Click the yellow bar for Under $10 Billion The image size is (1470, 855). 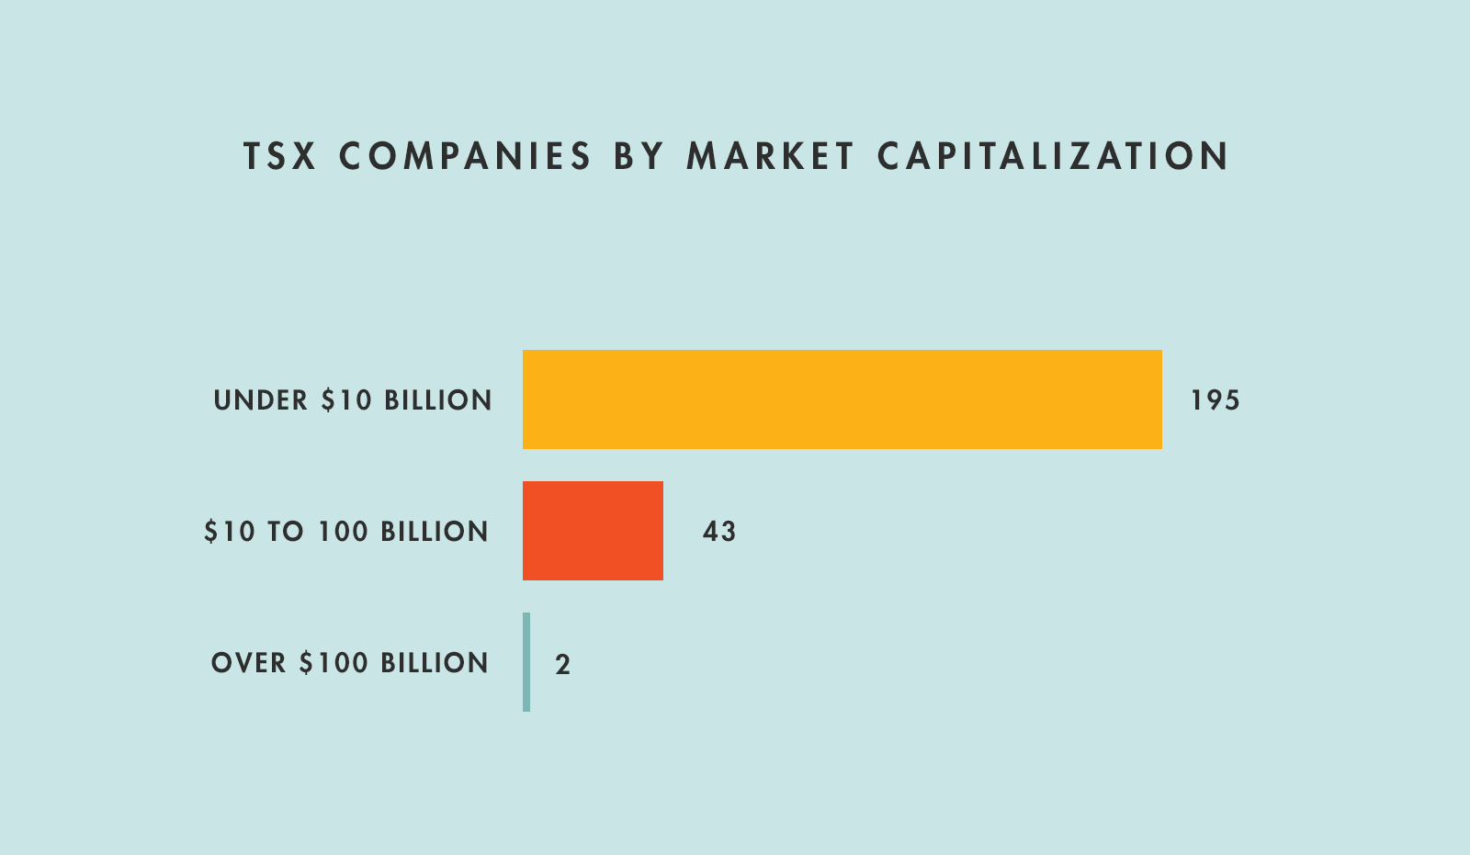pyautogui.click(x=842, y=399)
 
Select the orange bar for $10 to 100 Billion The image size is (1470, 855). pyautogui.click(x=593, y=531)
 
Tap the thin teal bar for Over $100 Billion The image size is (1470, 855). pyautogui.click(x=526, y=662)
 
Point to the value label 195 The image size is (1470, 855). pyautogui.click(x=1215, y=400)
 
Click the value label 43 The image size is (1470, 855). pyautogui.click(x=719, y=532)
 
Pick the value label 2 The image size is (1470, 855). pyautogui.click(x=563, y=664)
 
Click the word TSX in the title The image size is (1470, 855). pyautogui.click(x=280, y=156)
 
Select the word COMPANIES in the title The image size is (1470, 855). pyautogui.click(x=466, y=156)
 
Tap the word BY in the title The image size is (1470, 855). pyautogui.click(x=639, y=156)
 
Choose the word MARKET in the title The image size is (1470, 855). pyautogui.click(x=771, y=156)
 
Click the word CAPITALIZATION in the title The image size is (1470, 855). pyautogui.click(x=1053, y=156)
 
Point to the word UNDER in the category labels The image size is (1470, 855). pyautogui.click(x=261, y=400)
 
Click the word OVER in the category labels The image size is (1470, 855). pyautogui.click(x=248, y=663)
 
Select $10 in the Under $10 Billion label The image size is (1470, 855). pyautogui.click(x=346, y=400)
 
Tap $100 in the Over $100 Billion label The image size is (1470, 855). pyautogui.click(x=332, y=663)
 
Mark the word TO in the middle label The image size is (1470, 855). pyautogui.click(x=286, y=532)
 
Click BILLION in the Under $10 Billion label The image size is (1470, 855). pyautogui.click(x=438, y=400)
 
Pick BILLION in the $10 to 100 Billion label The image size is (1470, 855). pyautogui.click(x=435, y=532)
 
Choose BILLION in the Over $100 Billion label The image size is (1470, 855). pyautogui.click(x=435, y=663)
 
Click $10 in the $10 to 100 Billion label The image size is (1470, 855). pyautogui.click(x=230, y=532)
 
